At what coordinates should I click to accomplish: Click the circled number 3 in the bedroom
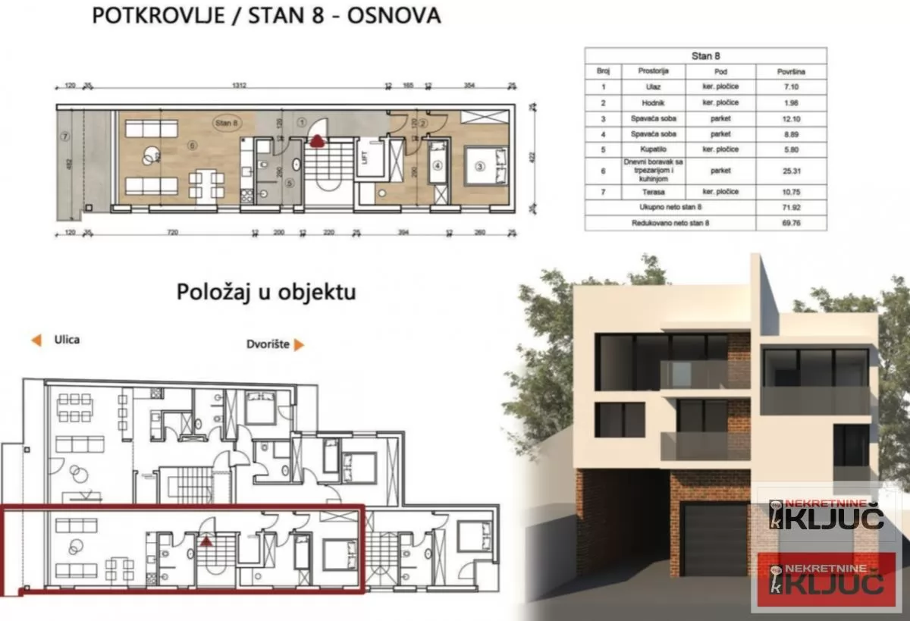pyautogui.click(x=480, y=165)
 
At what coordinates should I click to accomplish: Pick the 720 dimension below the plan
pyautogui.click(x=173, y=233)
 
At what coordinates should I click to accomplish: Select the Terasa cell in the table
pyautogui.click(x=653, y=192)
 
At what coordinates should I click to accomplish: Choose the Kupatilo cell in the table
pyautogui.click(x=653, y=149)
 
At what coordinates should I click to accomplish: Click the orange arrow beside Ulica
pyautogui.click(x=36, y=340)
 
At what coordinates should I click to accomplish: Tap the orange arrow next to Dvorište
pyautogui.click(x=299, y=345)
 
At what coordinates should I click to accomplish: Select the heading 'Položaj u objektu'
pyautogui.click(x=266, y=292)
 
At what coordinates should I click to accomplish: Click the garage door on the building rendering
pyautogui.click(x=715, y=539)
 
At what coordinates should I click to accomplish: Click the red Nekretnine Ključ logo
pyautogui.click(x=826, y=579)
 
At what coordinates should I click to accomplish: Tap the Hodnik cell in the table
pyautogui.click(x=653, y=103)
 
